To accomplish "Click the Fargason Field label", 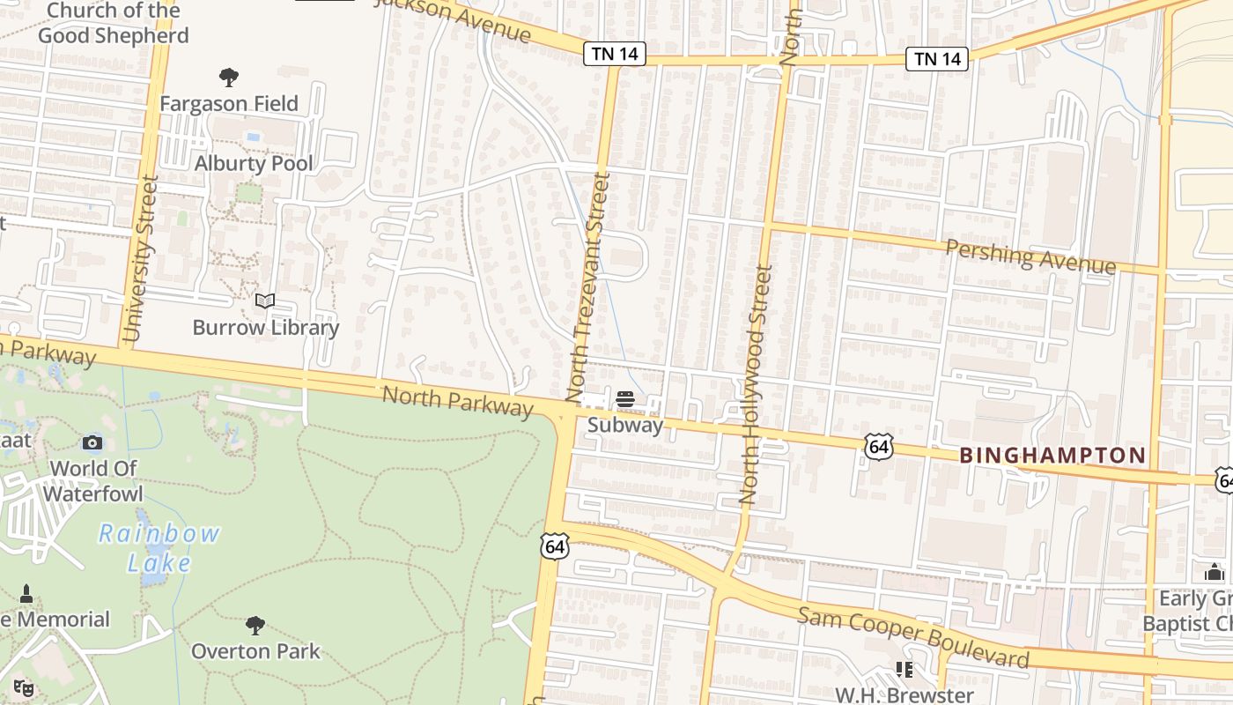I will (x=229, y=103).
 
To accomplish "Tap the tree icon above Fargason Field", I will (x=229, y=78).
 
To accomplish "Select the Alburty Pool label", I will (x=254, y=163).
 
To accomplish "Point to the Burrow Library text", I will (x=266, y=328).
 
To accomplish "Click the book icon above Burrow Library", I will (x=265, y=301).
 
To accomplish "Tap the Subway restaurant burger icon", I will (x=625, y=399).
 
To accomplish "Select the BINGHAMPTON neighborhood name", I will (x=1052, y=456).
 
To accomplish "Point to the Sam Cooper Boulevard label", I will (x=913, y=635).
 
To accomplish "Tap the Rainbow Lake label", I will (x=159, y=548).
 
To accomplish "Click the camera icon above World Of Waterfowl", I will (x=92, y=442).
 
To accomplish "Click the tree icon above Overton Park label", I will (x=255, y=626).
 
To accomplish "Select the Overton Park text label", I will (x=255, y=651).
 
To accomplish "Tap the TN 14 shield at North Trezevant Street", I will (x=615, y=55).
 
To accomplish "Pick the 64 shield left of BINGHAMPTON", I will (x=878, y=446).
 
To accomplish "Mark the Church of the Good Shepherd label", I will (x=113, y=23).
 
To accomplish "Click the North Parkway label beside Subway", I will (x=458, y=402).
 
